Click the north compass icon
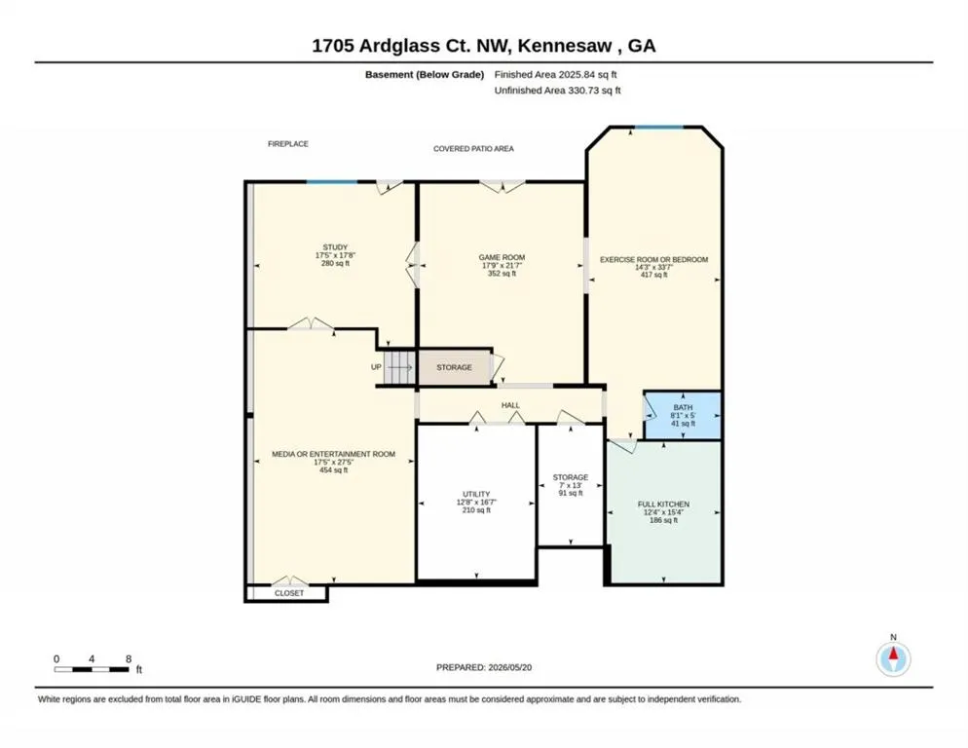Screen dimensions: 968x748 [893, 659]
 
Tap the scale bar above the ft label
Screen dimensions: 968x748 [92, 669]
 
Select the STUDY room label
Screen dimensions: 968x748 [335, 247]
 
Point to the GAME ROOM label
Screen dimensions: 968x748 [502, 257]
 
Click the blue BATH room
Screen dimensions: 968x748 [683, 416]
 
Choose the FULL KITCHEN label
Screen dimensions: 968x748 [663, 504]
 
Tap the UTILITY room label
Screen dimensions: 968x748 [476, 494]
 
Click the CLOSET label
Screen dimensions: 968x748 [289, 593]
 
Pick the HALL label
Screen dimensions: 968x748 [510, 405]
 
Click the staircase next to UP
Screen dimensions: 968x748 [399, 367]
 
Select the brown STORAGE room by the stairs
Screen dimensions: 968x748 [455, 367]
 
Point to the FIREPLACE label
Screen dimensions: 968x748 [287, 144]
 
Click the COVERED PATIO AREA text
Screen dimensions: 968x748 [473, 149]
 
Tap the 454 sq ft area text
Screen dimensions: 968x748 [333, 470]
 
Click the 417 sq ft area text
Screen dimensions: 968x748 [653, 275]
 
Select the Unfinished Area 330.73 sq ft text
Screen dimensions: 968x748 [557, 91]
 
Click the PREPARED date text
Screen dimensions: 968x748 [484, 667]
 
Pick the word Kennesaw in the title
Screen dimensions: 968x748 [565, 46]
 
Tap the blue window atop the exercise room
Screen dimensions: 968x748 [659, 128]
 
